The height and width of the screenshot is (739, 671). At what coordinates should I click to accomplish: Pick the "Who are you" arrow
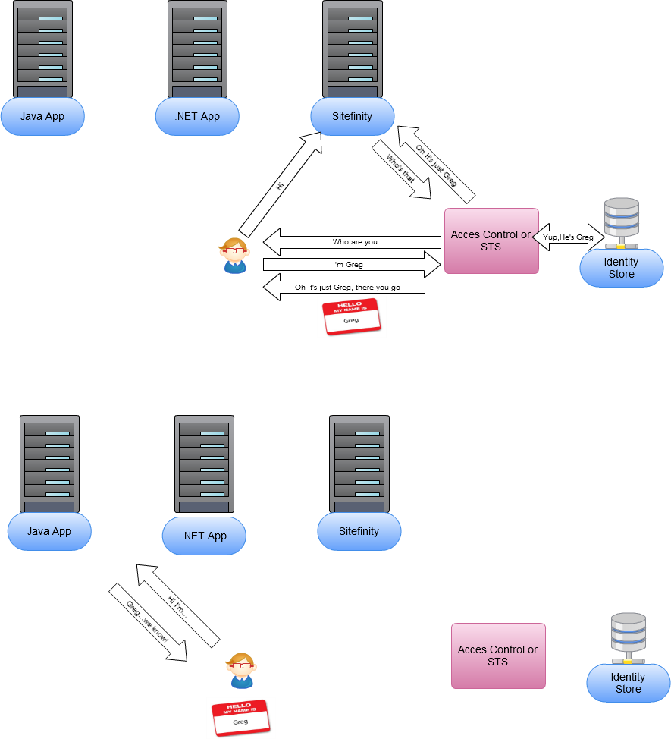(353, 242)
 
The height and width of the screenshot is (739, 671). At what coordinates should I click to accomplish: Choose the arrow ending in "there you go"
(345, 288)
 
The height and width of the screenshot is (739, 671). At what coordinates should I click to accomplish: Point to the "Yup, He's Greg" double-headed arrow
(568, 237)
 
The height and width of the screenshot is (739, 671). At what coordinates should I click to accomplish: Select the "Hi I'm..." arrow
(178, 605)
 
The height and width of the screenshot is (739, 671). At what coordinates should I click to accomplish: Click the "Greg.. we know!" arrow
(148, 621)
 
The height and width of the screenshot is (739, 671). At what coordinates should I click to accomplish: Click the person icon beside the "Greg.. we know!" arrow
(241, 670)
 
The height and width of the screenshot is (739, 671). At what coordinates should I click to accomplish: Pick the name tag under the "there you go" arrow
(351, 316)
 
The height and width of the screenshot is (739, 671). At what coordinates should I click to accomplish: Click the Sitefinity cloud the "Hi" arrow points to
(353, 117)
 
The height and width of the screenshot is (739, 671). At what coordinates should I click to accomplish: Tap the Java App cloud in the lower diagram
(49, 531)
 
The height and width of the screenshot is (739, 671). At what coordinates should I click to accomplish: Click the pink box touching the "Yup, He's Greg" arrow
(491, 241)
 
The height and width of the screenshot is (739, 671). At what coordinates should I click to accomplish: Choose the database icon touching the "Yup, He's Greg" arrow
(621, 222)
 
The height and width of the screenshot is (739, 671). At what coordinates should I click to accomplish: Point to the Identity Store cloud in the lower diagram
(628, 683)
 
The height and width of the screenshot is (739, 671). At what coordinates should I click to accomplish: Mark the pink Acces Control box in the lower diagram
(498, 656)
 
